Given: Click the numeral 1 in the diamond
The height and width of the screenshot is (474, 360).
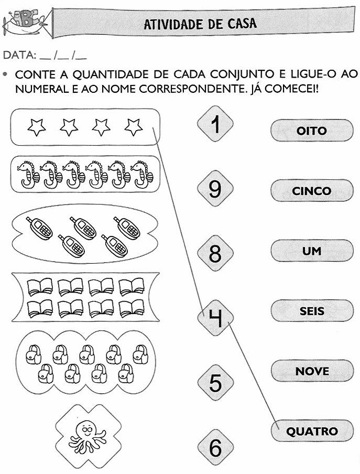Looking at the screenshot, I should (215, 124).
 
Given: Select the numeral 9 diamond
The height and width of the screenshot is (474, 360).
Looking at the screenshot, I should (215, 188).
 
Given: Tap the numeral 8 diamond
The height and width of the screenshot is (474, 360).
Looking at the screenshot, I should (215, 253).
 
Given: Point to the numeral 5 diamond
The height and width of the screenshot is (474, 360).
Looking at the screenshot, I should (215, 383).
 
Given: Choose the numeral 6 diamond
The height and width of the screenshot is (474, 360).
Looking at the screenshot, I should (215, 447).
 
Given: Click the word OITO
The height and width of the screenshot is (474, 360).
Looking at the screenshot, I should (311, 131).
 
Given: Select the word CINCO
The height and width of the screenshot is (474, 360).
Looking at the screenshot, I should (311, 191).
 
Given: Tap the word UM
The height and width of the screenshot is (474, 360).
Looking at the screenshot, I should (311, 251).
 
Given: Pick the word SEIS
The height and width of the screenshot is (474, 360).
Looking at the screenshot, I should (312, 311).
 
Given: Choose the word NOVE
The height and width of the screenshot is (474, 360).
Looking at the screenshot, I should (312, 371).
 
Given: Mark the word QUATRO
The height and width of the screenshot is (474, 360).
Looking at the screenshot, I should (312, 432).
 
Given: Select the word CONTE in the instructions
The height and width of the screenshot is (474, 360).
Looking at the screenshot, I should (35, 74).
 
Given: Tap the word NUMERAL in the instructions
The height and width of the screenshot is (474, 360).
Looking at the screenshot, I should (40, 89).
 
